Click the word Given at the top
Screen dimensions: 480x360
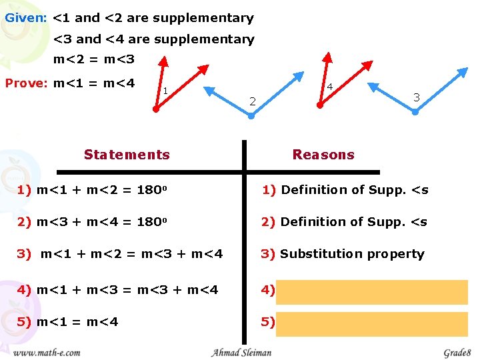pos(25,18)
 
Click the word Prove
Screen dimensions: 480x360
pos(25,83)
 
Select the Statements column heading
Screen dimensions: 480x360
pos(127,155)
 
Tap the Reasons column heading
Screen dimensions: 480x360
pos(323,155)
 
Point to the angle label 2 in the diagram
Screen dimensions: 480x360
pos(252,101)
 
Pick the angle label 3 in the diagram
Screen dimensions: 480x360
pos(416,97)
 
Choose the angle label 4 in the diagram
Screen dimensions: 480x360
pos(330,87)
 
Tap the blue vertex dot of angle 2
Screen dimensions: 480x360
pos(251,116)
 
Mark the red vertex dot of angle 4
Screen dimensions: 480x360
pos(320,105)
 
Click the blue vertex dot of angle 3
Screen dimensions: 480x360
pos(415,112)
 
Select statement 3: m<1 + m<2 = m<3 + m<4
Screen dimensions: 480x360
pos(121,254)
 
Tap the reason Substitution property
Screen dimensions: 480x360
pos(351,254)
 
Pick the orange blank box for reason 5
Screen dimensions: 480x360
pos(371,323)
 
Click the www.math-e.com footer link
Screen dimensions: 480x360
pos(47,352)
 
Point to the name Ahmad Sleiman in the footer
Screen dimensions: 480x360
pos(241,352)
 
